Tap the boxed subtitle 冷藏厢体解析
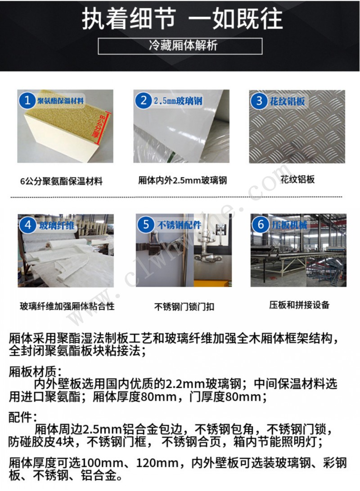pyautogui.click(x=180, y=46)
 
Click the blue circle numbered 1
pyautogui.click(x=27, y=101)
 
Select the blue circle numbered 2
pyautogui.click(x=144, y=101)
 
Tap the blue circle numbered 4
pyautogui.click(x=29, y=225)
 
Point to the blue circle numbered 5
pyautogui.click(x=146, y=224)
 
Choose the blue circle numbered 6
pyautogui.click(x=261, y=224)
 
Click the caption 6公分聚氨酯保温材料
pyautogui.click(x=62, y=182)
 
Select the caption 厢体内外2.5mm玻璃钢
pyautogui.click(x=182, y=181)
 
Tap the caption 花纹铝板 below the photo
pyautogui.click(x=297, y=179)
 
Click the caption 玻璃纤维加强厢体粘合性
pyautogui.click(x=67, y=307)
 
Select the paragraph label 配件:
pyautogui.click(x=22, y=416)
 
